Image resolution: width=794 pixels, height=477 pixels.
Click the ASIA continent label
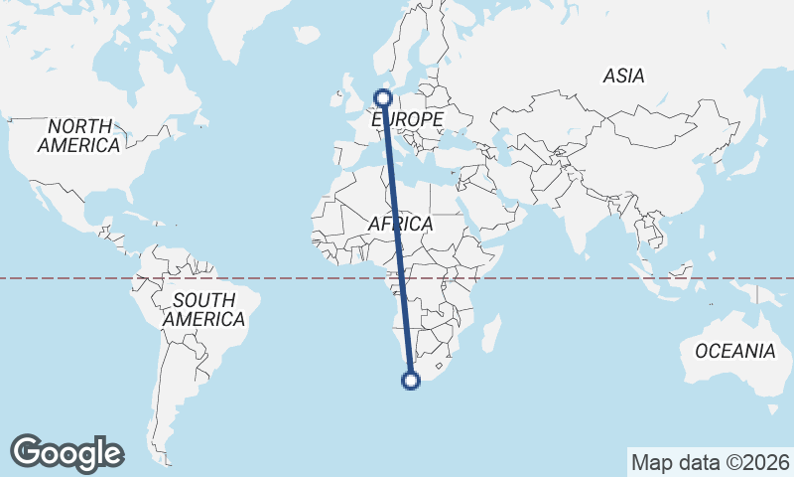pyautogui.click(x=623, y=76)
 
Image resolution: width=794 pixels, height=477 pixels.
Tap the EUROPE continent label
pyautogui.click(x=406, y=119)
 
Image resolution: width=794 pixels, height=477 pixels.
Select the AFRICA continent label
pyautogui.click(x=400, y=225)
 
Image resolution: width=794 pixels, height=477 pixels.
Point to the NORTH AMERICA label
pyautogui.click(x=78, y=136)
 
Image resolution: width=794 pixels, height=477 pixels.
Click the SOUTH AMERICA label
pyautogui.click(x=204, y=310)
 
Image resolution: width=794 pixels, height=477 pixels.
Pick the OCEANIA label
pyautogui.click(x=735, y=351)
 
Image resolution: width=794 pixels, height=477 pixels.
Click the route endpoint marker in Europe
pyautogui.click(x=382, y=97)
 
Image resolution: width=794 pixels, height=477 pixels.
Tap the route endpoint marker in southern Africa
pyautogui.click(x=410, y=379)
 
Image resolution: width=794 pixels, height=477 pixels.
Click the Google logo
pyautogui.click(x=66, y=453)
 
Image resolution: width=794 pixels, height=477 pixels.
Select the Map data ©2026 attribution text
pyautogui.click(x=710, y=462)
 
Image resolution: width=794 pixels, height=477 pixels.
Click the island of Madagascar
pyautogui.click(x=488, y=333)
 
